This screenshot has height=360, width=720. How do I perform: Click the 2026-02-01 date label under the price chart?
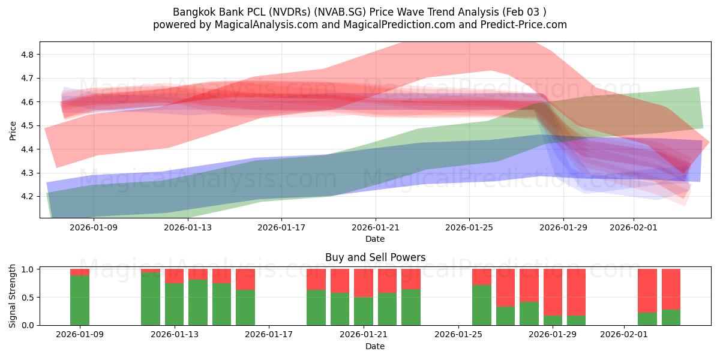coord(634,227)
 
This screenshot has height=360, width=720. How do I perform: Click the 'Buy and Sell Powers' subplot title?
coord(375,257)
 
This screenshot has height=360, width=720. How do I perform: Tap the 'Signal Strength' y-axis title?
coord(13,296)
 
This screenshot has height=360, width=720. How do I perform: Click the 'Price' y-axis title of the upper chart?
coord(13,130)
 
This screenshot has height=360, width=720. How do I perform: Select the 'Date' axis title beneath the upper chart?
coord(375,239)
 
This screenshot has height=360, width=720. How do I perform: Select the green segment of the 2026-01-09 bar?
coord(80,300)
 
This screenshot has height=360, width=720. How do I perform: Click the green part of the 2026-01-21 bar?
coord(363,311)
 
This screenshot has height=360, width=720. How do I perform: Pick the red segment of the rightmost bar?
coord(671,289)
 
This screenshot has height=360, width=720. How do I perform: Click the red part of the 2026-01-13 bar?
coord(174,276)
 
